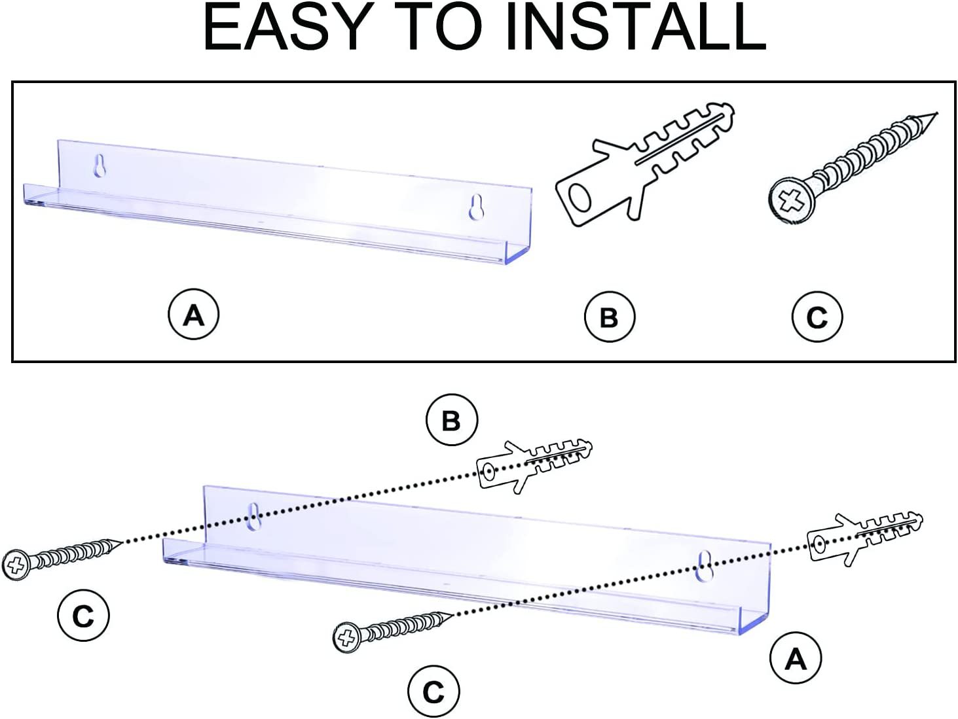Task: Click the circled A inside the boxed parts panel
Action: click(x=193, y=315)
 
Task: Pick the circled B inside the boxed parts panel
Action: click(x=609, y=317)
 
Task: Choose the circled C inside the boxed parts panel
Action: click(x=817, y=317)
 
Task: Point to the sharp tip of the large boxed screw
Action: click(x=936, y=113)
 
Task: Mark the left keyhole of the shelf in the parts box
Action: click(x=100, y=166)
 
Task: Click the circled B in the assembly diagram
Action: click(x=452, y=420)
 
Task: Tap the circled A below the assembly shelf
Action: click(x=795, y=658)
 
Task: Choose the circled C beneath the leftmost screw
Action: click(x=83, y=616)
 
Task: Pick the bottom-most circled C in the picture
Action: click(x=433, y=692)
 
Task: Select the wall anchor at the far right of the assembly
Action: click(x=866, y=539)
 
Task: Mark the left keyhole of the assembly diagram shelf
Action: click(x=253, y=517)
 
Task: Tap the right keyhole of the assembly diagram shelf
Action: click(x=705, y=566)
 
